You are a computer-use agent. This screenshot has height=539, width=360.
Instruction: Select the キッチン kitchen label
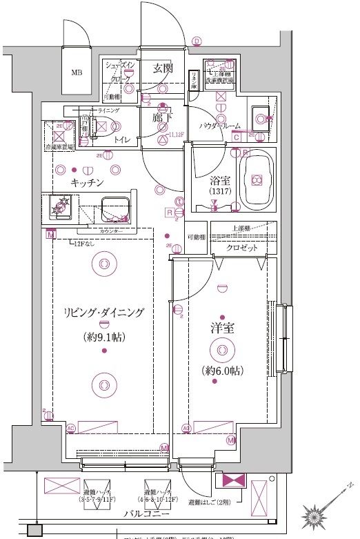coord(87,183)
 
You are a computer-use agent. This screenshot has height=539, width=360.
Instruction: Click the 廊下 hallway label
coord(162,118)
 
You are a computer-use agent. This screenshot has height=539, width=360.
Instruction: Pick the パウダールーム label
coord(220,126)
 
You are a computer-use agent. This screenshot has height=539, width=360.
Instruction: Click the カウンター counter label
coord(110,231)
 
